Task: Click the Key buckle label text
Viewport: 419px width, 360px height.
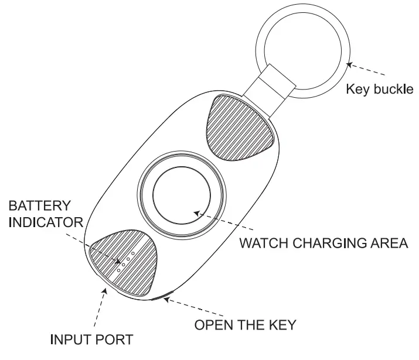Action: tap(380, 90)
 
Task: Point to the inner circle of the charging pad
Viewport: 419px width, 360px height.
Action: tap(181, 197)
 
